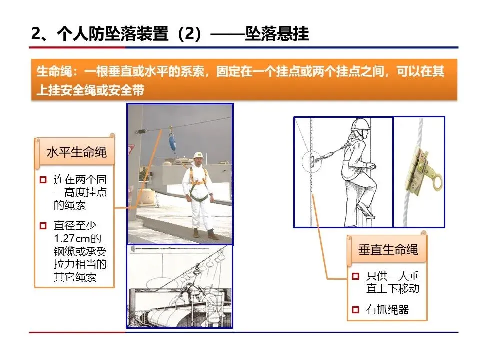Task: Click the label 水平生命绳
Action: [77, 152]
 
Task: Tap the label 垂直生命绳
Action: [388, 250]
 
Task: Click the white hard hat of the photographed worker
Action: [198, 155]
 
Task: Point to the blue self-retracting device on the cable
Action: [172, 142]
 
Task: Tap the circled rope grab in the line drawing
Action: [312, 161]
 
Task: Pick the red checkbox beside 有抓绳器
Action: [355, 310]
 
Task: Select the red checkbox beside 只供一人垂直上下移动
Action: [355, 276]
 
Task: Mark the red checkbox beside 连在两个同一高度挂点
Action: [43, 180]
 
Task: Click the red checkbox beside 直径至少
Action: [43, 226]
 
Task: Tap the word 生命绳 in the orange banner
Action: [54, 72]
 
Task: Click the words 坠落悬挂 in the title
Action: [277, 33]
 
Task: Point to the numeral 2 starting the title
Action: [36, 33]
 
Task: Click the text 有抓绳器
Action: [388, 310]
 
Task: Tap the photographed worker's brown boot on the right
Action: [213, 235]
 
